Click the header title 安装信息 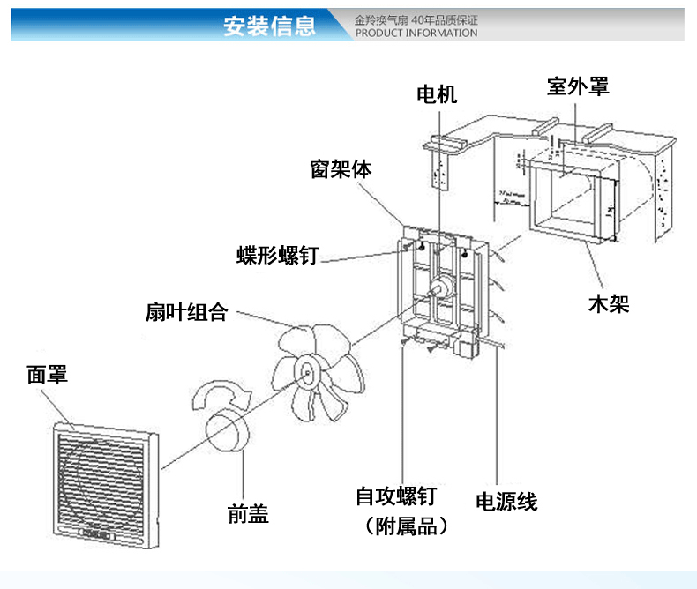click(269, 26)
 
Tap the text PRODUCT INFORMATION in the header click(416, 34)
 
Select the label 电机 click(437, 93)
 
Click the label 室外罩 click(578, 86)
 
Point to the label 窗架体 click(341, 169)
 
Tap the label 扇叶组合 click(187, 312)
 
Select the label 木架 click(609, 305)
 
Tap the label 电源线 click(506, 502)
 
